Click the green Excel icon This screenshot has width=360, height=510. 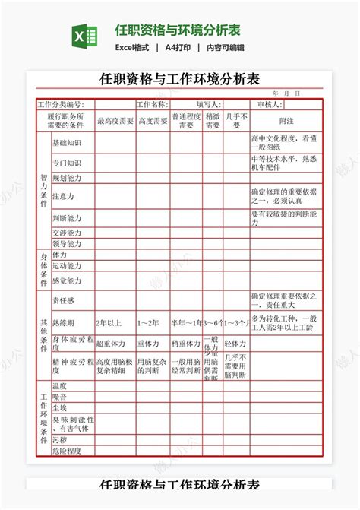point(85,36)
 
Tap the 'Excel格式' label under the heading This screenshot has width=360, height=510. point(132,47)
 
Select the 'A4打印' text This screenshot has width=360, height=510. point(178,47)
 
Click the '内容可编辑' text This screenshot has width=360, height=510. point(229,47)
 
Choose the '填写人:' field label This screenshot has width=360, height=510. point(209,104)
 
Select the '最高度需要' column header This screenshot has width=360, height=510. point(115,121)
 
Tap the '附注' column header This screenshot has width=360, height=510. point(286,121)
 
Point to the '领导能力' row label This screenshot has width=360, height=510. point(67,244)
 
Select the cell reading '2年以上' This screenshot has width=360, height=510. point(108,322)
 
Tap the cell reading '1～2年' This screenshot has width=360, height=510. point(148,322)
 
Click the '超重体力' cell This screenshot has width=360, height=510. point(111,344)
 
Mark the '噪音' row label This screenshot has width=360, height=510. point(59,397)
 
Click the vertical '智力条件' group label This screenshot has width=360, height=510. point(43,190)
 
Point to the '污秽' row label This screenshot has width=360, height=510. point(59,439)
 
